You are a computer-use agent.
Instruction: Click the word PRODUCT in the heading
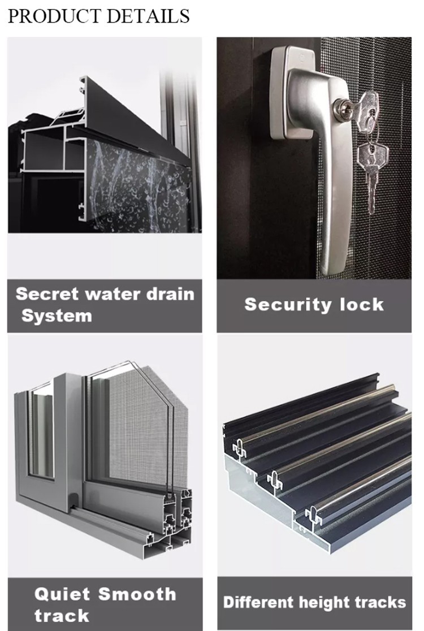(x=54, y=16)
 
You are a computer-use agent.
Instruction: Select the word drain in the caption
(x=170, y=294)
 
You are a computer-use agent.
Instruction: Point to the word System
(x=57, y=316)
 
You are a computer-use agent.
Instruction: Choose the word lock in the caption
(x=362, y=304)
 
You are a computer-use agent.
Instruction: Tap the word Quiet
(x=62, y=594)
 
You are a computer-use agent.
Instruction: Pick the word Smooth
(x=137, y=594)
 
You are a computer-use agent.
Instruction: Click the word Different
(x=259, y=602)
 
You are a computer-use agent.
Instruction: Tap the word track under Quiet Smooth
(x=62, y=616)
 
